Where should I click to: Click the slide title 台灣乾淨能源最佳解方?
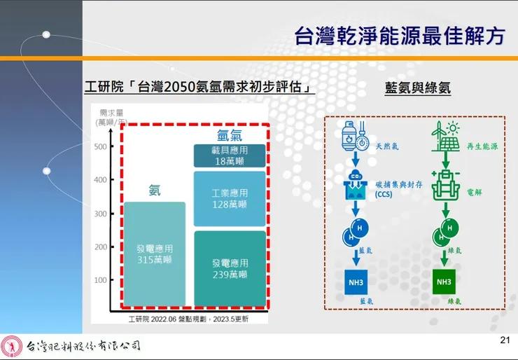[399, 36]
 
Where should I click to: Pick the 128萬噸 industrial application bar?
[230, 198]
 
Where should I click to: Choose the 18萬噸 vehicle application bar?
[230, 155]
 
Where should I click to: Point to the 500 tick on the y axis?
[100, 146]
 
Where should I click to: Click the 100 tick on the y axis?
[100, 280]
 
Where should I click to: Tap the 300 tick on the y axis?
[100, 214]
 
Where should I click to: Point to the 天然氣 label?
[387, 146]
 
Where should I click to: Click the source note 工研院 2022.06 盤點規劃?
[188, 319]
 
